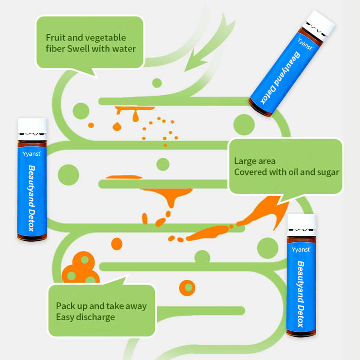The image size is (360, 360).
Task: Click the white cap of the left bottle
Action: click(32, 126)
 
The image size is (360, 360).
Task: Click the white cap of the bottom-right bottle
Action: click(301, 222)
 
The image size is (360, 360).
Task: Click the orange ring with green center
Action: click(187, 288)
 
